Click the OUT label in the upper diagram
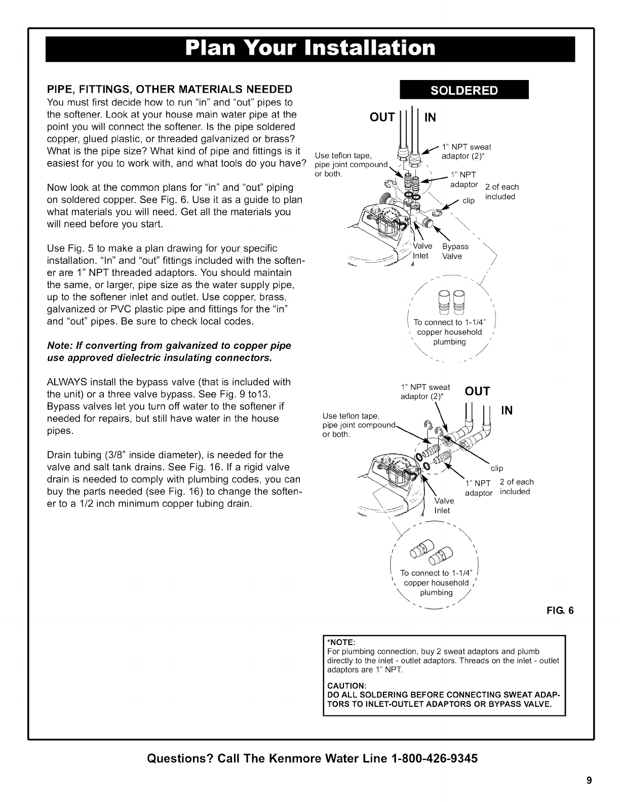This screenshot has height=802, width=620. pyautogui.click(x=382, y=117)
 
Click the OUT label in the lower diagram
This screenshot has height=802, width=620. pyautogui.click(x=477, y=391)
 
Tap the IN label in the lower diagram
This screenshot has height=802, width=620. pyautogui.click(x=507, y=410)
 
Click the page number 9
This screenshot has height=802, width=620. pyautogui.click(x=589, y=780)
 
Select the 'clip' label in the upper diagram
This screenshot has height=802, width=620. pyautogui.click(x=469, y=201)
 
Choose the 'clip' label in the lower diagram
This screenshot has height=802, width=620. pyautogui.click(x=496, y=468)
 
